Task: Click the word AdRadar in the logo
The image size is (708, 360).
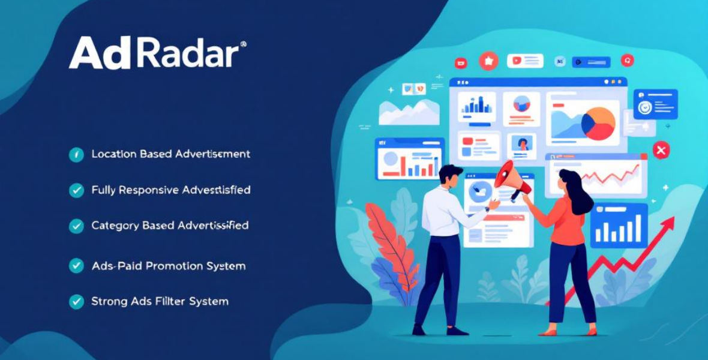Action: coord(157,53)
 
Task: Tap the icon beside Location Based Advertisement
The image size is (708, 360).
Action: coord(76,155)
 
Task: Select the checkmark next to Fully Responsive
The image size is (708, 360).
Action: coord(76,190)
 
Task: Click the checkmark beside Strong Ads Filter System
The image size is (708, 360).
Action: coord(76,301)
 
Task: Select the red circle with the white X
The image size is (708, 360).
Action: coord(661,150)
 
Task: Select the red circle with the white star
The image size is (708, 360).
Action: coord(489,61)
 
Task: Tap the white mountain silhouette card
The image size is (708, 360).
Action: coord(409,112)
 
